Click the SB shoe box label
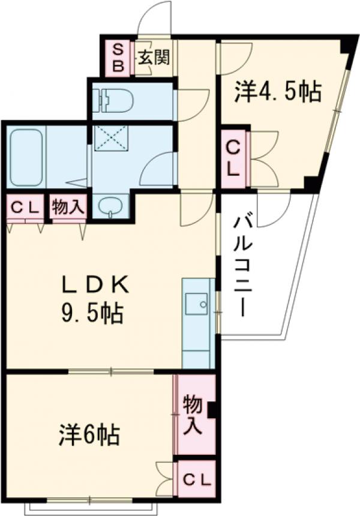(118, 58)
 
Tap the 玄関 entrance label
(154, 58)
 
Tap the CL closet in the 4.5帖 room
(233, 157)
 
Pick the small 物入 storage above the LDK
(67, 208)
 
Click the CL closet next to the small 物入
(26, 208)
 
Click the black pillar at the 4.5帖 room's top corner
(346, 46)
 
